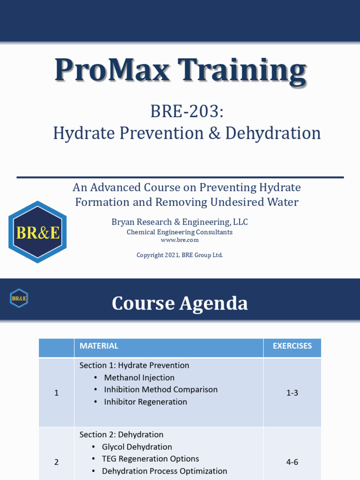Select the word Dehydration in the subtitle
point(273,133)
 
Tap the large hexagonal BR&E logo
point(38,232)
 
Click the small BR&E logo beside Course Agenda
point(19,298)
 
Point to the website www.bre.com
point(180,240)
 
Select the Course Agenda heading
point(180,303)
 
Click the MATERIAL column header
point(99,346)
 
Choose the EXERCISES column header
point(292,346)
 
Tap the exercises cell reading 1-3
point(292,393)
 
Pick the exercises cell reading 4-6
point(292,462)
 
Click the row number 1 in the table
point(56,393)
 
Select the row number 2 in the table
point(56,462)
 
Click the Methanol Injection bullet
point(139,377)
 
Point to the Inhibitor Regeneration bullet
point(145,402)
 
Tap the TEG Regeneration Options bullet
point(150,459)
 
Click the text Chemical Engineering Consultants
point(180,232)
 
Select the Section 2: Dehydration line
point(121,435)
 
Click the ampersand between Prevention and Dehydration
point(214,133)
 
